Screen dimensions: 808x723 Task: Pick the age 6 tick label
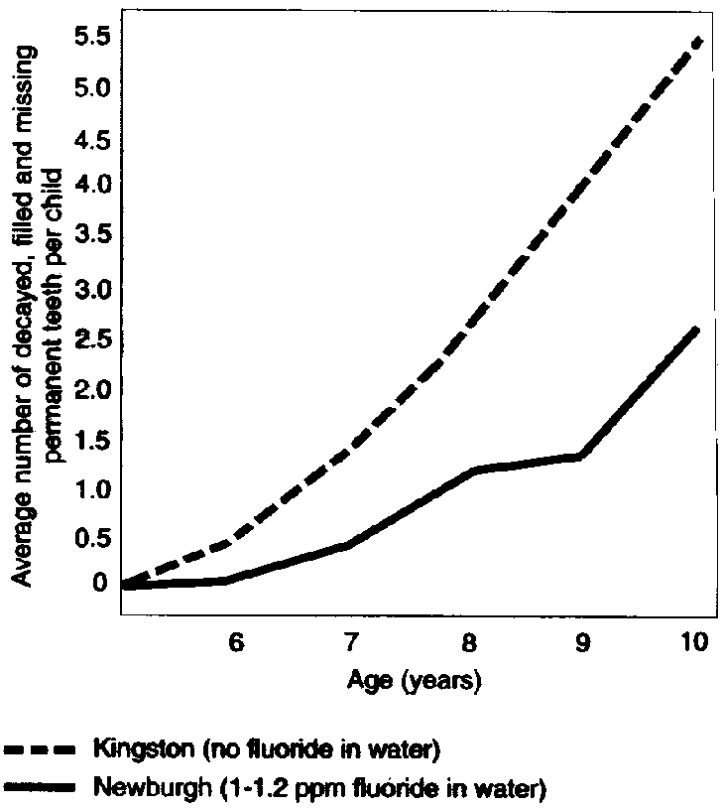point(236,642)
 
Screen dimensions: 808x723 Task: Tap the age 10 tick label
point(694,642)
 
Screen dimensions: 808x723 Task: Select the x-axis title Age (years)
point(415,682)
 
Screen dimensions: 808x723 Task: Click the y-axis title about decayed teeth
point(38,316)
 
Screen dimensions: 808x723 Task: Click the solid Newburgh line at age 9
point(580,456)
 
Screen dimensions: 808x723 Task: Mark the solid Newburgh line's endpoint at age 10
point(698,329)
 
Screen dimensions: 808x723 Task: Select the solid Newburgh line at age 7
point(351,543)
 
